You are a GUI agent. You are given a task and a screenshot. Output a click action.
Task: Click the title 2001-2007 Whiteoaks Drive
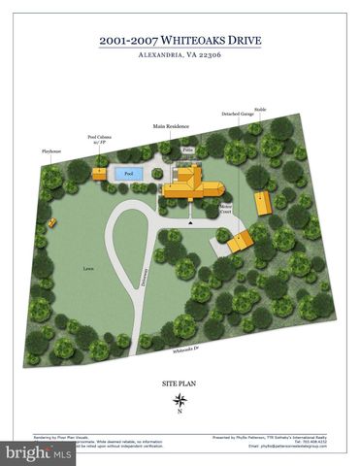click(x=180, y=40)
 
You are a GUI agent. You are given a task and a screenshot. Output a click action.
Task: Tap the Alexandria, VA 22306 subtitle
click(x=180, y=56)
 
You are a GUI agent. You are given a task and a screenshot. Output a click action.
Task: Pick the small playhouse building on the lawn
click(x=51, y=221)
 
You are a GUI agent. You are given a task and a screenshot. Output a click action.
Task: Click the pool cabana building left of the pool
click(x=100, y=173)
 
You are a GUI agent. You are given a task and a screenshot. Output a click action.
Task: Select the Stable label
click(x=260, y=110)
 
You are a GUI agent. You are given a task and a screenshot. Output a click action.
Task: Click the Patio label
click(x=188, y=150)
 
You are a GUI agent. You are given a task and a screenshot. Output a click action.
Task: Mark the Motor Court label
click(x=225, y=208)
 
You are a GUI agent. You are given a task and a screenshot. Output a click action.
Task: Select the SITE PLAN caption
click(x=180, y=384)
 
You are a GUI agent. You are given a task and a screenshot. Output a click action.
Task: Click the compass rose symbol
click(x=180, y=400)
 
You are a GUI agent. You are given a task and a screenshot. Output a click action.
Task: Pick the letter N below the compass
click(x=180, y=412)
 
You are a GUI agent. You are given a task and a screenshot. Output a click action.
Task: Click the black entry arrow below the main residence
click(x=191, y=222)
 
